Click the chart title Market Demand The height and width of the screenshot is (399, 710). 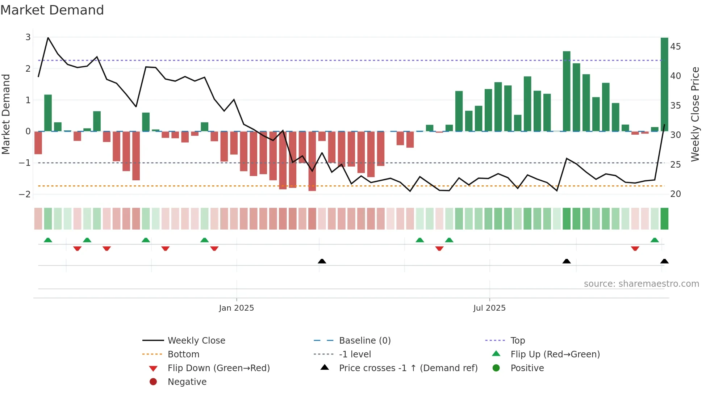pyautogui.click(x=52, y=10)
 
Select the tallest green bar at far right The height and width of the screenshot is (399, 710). pyautogui.click(x=664, y=84)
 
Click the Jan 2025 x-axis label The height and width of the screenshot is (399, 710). pyautogui.click(x=236, y=308)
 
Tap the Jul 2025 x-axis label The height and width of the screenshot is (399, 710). pyautogui.click(x=489, y=308)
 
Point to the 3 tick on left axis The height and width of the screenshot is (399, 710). pyautogui.click(x=28, y=37)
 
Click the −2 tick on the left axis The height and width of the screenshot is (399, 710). pyautogui.click(x=25, y=194)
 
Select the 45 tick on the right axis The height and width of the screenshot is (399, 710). pyautogui.click(x=675, y=47)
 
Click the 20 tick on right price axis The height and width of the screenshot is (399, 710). pyautogui.click(x=675, y=194)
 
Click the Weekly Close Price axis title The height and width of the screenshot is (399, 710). pyautogui.click(x=695, y=114)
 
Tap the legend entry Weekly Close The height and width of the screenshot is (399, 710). pyautogui.click(x=196, y=341)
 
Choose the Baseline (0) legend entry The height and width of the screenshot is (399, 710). pyautogui.click(x=364, y=341)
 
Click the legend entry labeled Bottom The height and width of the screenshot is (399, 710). pyautogui.click(x=183, y=354)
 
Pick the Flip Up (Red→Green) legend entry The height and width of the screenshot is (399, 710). pyautogui.click(x=555, y=354)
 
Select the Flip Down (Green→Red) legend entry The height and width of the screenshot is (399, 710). pyautogui.click(x=218, y=368)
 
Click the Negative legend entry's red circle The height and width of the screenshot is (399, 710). pyautogui.click(x=153, y=382)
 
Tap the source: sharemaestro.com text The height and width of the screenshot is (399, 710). pyautogui.click(x=641, y=284)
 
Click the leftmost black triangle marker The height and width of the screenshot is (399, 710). pyautogui.click(x=322, y=261)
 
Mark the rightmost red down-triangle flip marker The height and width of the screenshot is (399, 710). pyautogui.click(x=635, y=249)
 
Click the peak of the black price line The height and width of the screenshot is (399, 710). pyautogui.click(x=48, y=38)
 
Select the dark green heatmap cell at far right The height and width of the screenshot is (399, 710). pyautogui.click(x=664, y=219)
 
